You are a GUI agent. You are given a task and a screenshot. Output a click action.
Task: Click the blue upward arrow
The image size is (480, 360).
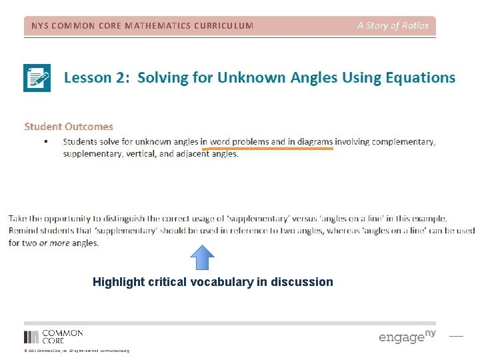[x=203, y=257]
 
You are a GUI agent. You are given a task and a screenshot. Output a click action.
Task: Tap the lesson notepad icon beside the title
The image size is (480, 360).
[x=37, y=78]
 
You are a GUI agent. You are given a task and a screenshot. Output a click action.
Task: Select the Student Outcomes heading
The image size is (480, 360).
[x=69, y=126]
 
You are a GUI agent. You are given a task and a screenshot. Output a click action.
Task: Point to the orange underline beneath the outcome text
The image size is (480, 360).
[x=267, y=149]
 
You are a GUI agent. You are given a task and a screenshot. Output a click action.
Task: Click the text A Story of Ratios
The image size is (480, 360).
[x=393, y=26]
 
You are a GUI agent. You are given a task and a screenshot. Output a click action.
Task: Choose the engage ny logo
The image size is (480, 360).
[x=407, y=336]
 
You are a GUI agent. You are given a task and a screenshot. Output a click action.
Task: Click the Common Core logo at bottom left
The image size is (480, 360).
[x=53, y=337]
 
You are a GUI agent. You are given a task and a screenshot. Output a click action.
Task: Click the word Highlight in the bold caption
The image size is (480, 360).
[x=117, y=282]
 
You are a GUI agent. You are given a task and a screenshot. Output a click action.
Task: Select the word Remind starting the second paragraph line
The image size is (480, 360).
[x=23, y=231]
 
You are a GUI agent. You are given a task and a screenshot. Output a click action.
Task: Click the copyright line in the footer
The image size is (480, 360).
[x=76, y=351]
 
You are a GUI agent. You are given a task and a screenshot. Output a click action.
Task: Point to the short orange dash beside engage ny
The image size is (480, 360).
[x=456, y=337]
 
